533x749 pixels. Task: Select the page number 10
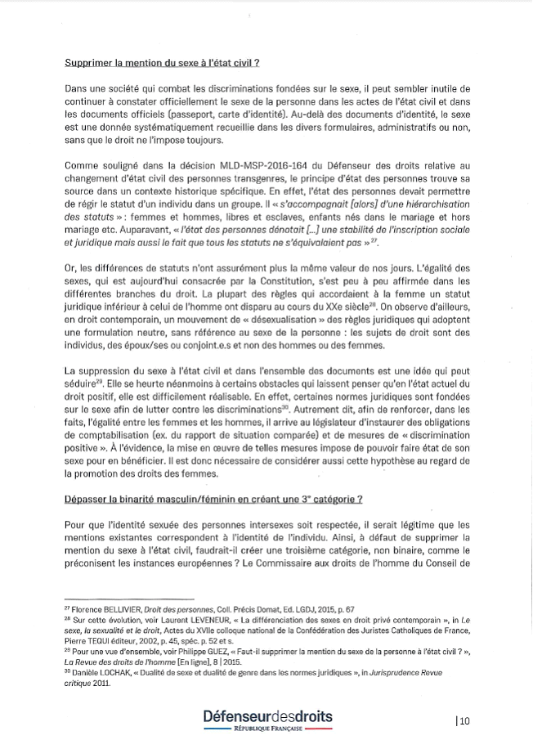tap(464, 720)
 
